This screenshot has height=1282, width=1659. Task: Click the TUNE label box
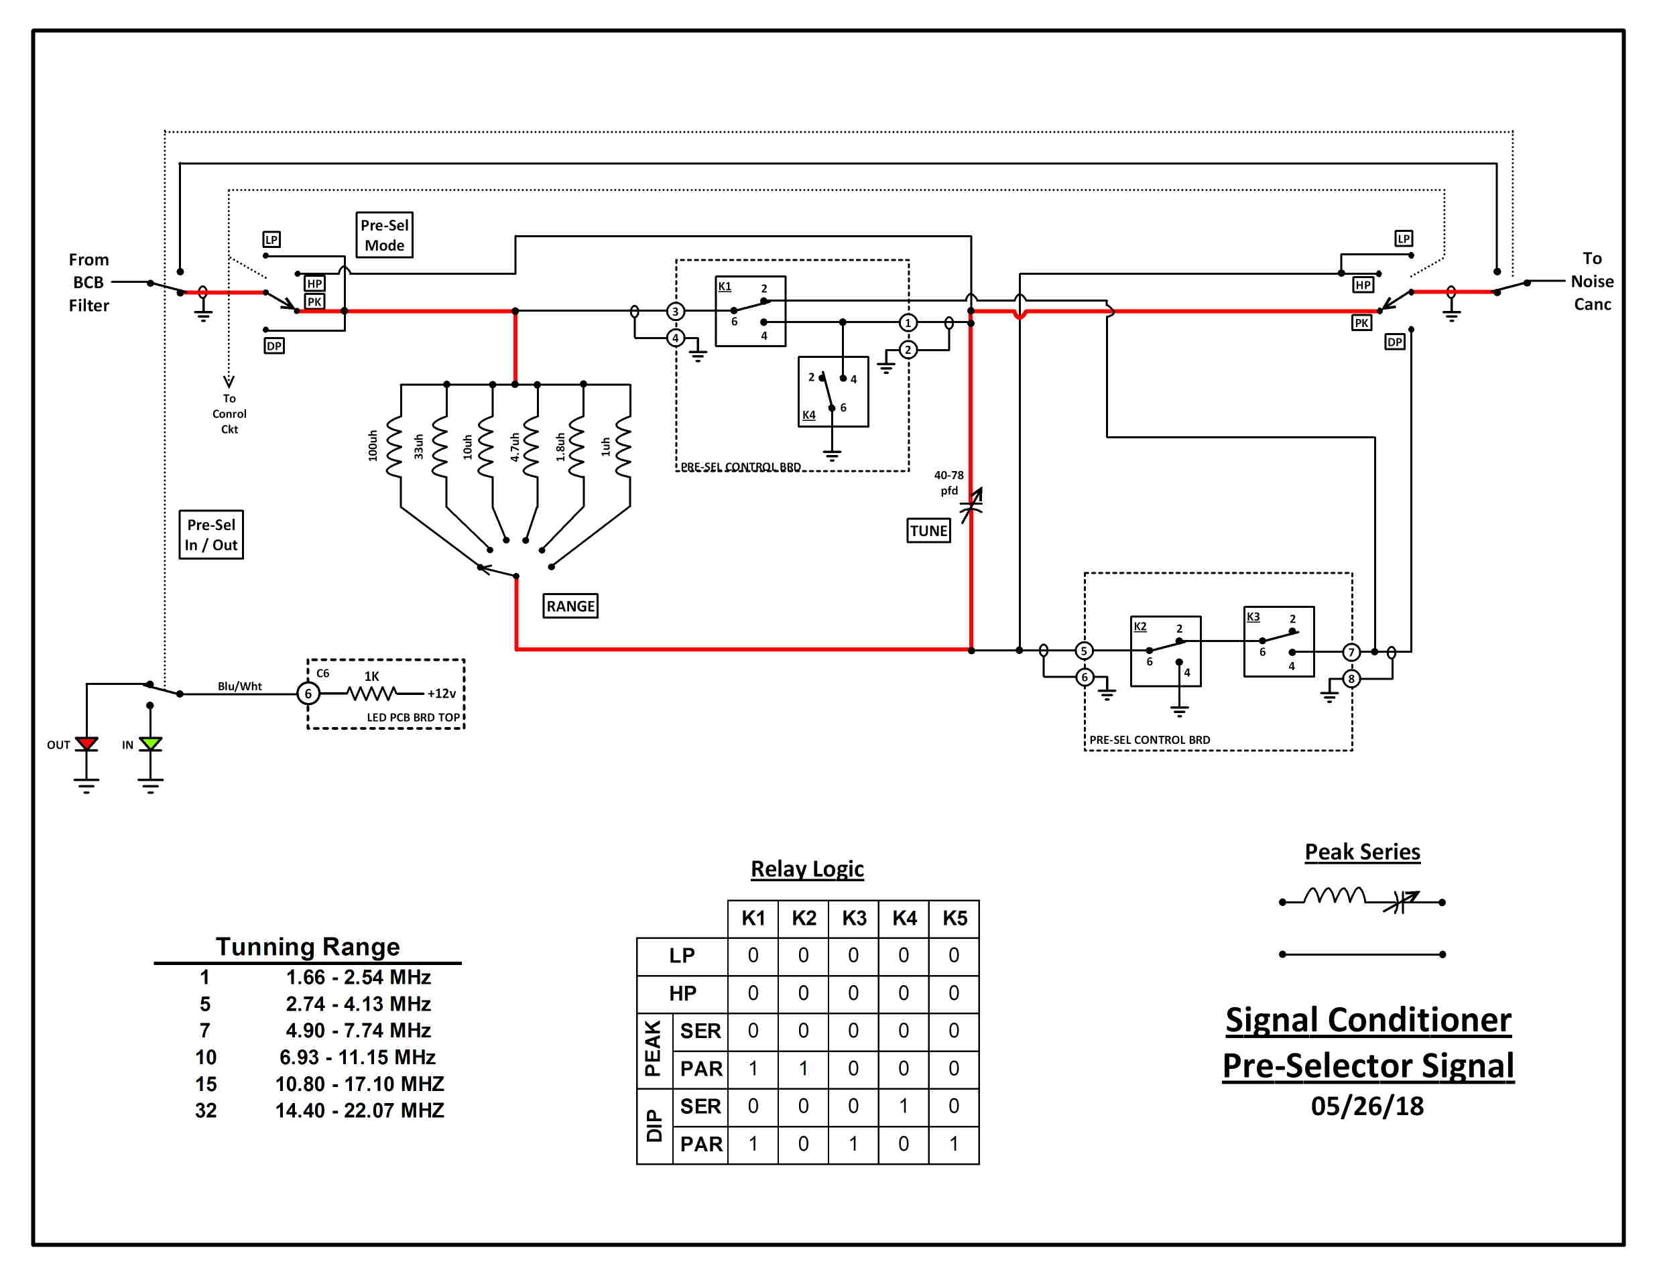[x=928, y=530]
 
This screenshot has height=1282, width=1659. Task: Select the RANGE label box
[x=570, y=606]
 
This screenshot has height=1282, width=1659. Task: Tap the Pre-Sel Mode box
[x=384, y=235]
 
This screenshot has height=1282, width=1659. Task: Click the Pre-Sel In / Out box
[x=211, y=535]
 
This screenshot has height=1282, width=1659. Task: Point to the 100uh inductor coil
[x=394, y=446]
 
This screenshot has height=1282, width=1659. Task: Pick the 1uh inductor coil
[x=623, y=446]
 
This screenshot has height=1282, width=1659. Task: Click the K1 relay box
[x=751, y=312]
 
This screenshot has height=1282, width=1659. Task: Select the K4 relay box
[x=833, y=392]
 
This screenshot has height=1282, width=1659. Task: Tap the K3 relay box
[x=1279, y=642]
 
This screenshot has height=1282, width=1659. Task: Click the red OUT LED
[x=86, y=743]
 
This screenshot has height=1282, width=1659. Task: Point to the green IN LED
[x=150, y=743]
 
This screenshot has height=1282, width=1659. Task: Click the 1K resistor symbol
[x=371, y=694]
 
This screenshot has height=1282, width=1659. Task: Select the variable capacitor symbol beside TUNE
[x=971, y=505]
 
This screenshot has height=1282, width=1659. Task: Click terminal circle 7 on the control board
[x=1351, y=652]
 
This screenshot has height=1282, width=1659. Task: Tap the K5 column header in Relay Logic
[x=955, y=918]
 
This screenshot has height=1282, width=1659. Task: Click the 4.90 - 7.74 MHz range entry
[x=359, y=1031]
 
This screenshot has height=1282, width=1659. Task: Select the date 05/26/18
[x=1367, y=1106]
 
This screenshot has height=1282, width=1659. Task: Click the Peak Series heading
[x=1363, y=852]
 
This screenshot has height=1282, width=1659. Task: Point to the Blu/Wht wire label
[x=240, y=686]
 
